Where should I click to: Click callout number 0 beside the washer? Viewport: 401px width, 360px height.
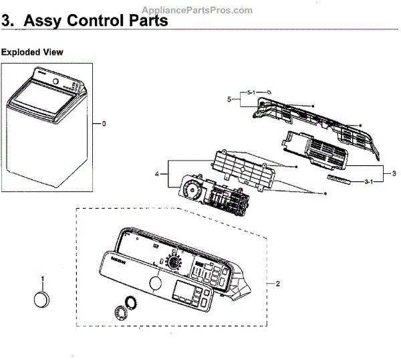point(104,123)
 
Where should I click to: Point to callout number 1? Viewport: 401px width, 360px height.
point(43,278)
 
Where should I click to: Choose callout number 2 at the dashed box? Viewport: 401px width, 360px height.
point(277,283)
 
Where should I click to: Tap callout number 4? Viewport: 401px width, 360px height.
point(156,174)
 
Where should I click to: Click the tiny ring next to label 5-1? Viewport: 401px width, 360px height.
point(268,92)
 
